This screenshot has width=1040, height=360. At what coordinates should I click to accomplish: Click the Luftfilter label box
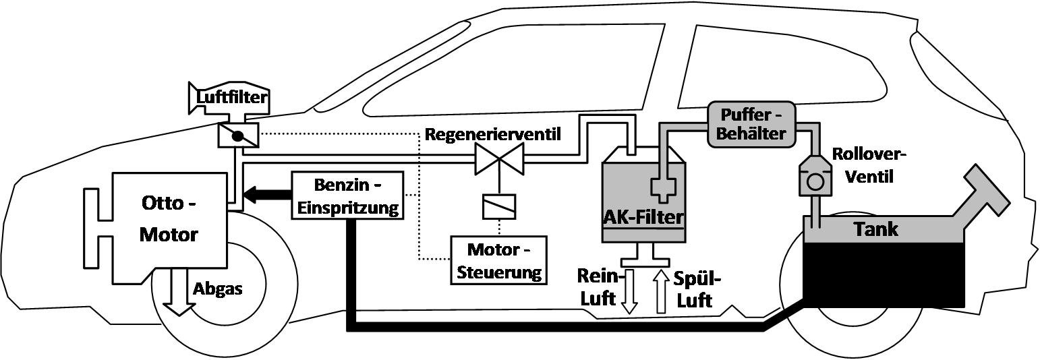tap(231, 98)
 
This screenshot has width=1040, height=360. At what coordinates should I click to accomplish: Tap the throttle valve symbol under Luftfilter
tap(237, 136)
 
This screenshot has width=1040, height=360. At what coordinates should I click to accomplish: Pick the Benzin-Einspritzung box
tap(348, 195)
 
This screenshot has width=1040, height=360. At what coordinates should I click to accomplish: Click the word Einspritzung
tap(348, 207)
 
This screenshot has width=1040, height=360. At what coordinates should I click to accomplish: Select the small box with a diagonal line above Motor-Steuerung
tap(499, 207)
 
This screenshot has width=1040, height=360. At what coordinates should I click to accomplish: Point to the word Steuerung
tap(499, 273)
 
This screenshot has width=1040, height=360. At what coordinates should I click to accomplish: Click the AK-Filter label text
tap(643, 218)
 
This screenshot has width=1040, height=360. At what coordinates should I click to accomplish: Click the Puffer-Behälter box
tap(751, 123)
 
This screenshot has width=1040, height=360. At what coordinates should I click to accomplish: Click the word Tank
tap(875, 229)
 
